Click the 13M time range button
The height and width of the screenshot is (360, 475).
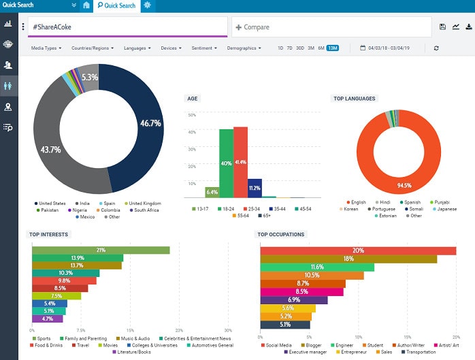point(332,48)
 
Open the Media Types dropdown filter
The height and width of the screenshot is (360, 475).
point(46,48)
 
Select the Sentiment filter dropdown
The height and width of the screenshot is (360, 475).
point(205,48)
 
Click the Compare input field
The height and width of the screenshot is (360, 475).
point(331,27)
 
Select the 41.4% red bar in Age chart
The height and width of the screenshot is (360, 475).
point(241,162)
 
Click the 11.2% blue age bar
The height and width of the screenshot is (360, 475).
point(255,188)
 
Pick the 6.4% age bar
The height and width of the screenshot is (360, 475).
point(212,193)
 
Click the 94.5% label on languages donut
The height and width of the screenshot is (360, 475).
point(405,184)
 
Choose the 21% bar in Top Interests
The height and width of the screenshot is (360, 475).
point(101,250)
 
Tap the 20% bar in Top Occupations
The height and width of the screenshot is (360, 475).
point(358,250)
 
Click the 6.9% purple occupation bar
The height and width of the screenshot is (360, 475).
point(294,300)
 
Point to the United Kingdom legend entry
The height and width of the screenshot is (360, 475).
point(143,203)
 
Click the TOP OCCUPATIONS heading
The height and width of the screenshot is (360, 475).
point(281,235)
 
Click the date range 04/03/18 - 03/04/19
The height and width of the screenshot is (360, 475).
point(391,48)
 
